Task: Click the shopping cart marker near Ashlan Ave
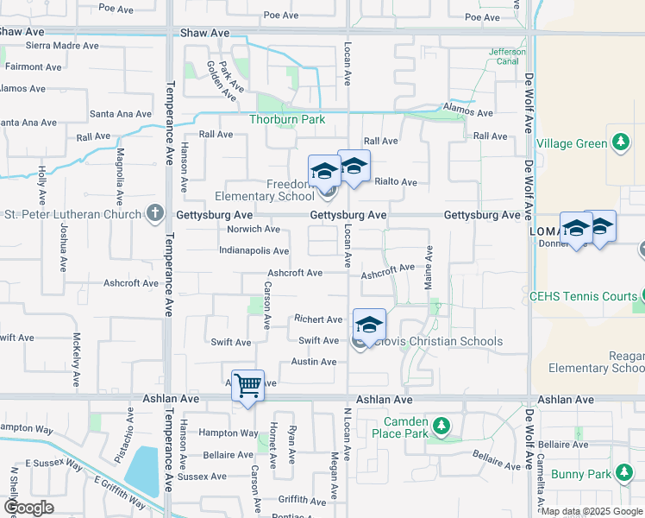click(247, 385)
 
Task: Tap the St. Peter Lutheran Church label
click(72, 213)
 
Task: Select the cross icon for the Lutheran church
click(155, 213)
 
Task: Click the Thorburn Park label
click(288, 119)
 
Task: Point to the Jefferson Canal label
click(507, 57)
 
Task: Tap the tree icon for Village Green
click(620, 141)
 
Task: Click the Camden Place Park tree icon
click(441, 426)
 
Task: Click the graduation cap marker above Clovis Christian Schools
click(369, 324)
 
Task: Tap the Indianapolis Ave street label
click(254, 251)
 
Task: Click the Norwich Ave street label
click(254, 229)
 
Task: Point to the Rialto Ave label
click(396, 182)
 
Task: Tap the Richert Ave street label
click(318, 319)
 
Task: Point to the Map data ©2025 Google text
click(591, 511)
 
